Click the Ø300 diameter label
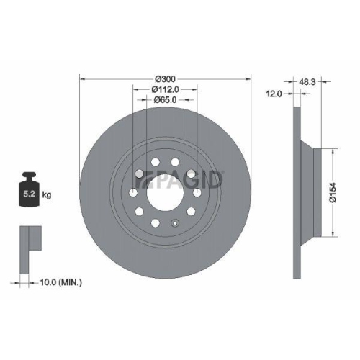[166, 78]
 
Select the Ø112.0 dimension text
[166, 89]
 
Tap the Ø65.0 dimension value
[166, 101]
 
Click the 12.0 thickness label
[274, 94]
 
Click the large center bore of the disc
[164, 193]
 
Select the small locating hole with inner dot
[174, 222]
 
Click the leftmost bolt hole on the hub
[132, 193]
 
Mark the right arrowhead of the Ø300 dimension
[249, 78]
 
